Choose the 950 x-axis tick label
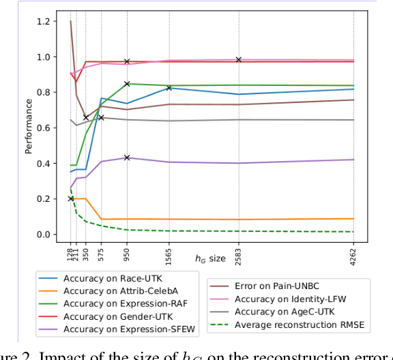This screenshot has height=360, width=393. pos(127,253)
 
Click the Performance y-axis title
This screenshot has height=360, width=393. pos(29,126)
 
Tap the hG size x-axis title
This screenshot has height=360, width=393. pos(210,258)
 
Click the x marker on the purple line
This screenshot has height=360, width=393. pos(127,157)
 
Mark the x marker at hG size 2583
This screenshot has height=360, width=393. pos(238,59)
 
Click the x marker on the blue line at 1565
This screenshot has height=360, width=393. pos(169,88)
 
